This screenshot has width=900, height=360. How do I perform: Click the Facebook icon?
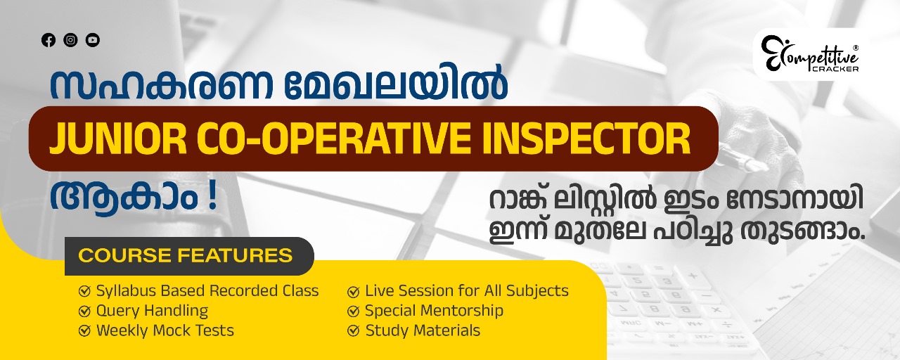49,40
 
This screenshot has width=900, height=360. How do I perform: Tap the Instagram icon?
71,40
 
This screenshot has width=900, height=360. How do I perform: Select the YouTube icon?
93,40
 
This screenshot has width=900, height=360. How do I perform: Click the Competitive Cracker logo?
809,54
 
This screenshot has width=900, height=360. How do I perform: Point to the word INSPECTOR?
586,139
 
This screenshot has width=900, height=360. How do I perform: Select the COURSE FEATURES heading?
185,255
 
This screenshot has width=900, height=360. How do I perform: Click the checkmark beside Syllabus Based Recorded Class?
84,291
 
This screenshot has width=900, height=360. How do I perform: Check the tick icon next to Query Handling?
84,311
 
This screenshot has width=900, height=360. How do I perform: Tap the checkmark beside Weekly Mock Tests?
84,331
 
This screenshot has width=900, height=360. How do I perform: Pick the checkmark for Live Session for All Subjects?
353,292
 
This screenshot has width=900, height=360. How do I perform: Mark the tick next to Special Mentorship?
353,311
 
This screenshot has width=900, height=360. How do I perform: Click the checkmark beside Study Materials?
353,331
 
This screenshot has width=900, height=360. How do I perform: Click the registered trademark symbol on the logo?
855,48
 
